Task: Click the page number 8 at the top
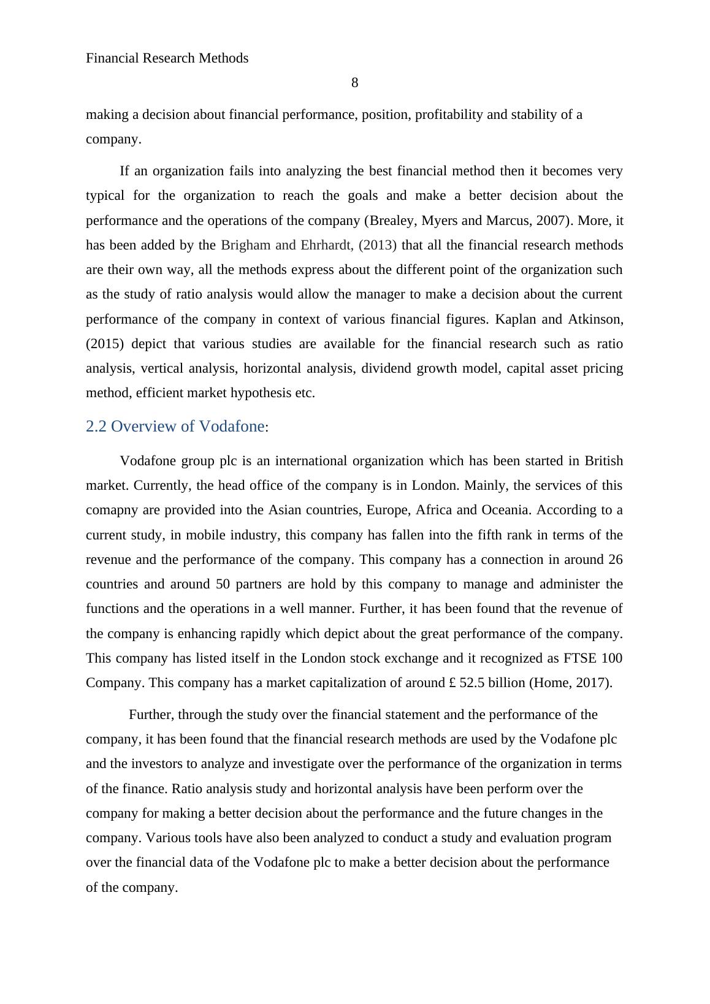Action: pyautogui.click(x=354, y=83)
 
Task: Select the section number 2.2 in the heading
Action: pyautogui.click(x=97, y=427)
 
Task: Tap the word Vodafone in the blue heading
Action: pyautogui.click(x=231, y=427)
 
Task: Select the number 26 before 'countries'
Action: pyautogui.click(x=615, y=560)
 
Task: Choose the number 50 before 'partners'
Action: pyautogui.click(x=224, y=584)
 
